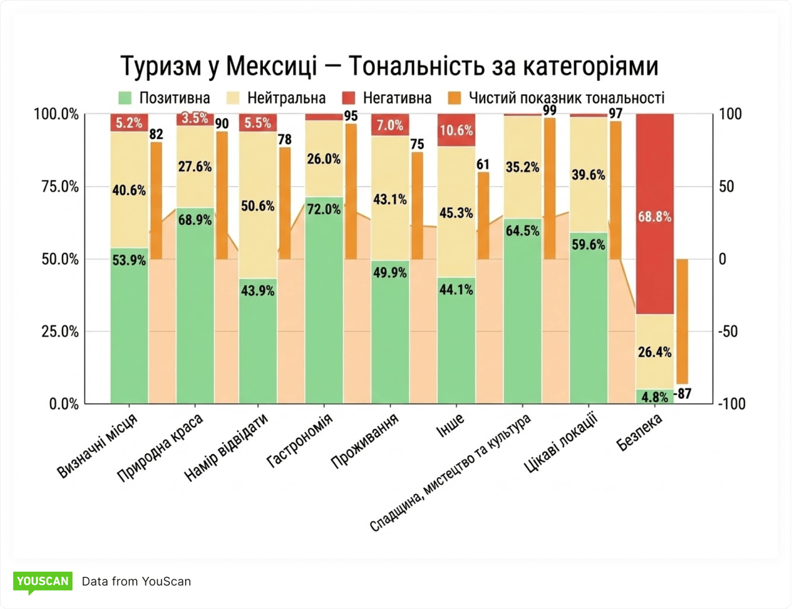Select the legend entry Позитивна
[x=164, y=98]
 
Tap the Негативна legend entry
[x=386, y=98]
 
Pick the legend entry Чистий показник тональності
[x=556, y=98]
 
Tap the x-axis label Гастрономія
[x=300, y=441]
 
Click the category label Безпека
[x=639, y=432]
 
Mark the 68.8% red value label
[x=655, y=217]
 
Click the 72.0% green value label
[x=324, y=210]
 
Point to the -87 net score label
[x=682, y=394]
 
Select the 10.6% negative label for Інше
[x=456, y=130]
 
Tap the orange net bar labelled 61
[x=483, y=216]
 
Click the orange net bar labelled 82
[x=157, y=201]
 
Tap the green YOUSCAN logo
[x=43, y=581]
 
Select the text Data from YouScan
[x=136, y=581]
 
